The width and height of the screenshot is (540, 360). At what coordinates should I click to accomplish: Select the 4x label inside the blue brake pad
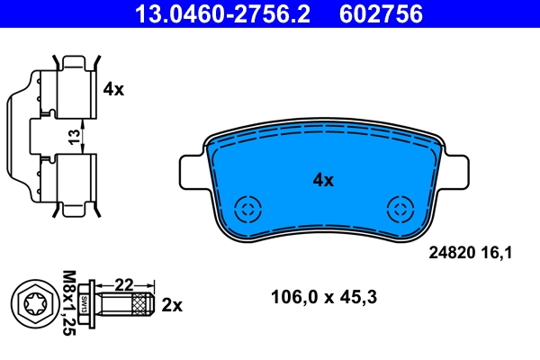[x=322, y=180]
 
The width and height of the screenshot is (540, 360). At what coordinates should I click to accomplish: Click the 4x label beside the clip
[x=112, y=88]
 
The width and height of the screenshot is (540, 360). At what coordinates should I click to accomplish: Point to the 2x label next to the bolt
[x=171, y=305]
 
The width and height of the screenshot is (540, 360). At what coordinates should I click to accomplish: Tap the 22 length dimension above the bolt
[x=125, y=284]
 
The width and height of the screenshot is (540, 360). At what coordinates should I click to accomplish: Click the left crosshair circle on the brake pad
[x=246, y=211]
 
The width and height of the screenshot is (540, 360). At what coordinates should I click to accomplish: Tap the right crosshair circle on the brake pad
[x=399, y=211]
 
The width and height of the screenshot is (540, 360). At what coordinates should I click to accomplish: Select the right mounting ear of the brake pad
[x=453, y=170]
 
